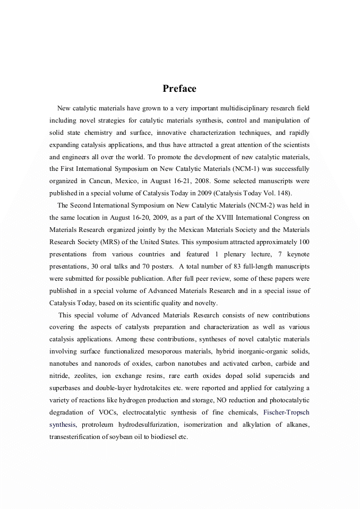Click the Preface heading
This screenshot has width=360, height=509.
coord(179,89)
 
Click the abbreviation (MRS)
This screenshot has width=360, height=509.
coord(102,242)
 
